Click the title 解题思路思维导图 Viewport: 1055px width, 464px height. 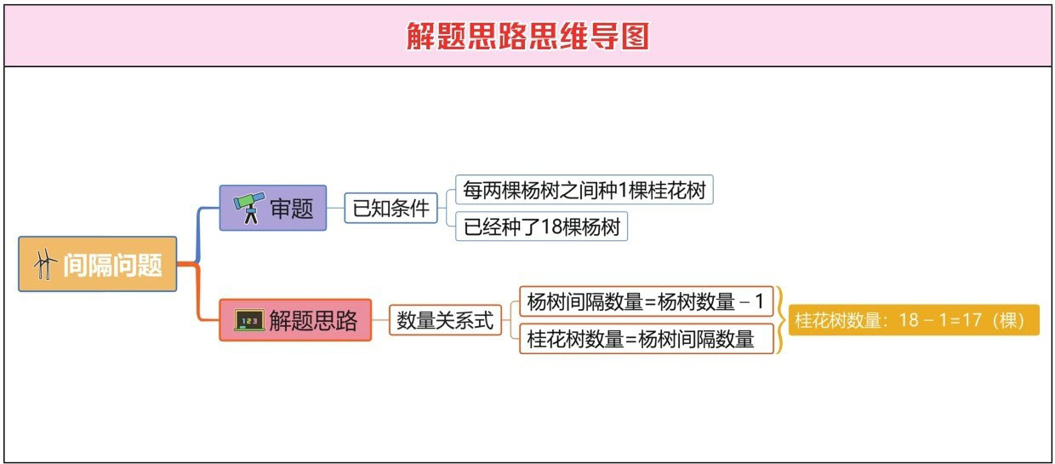tap(527, 36)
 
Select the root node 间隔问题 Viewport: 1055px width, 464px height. tap(98, 265)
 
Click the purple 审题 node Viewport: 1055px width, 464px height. tap(272, 208)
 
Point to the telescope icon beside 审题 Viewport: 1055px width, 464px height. tap(248, 208)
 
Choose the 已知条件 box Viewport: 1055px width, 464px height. tap(391, 208)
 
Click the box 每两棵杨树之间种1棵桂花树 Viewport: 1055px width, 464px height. tap(584, 188)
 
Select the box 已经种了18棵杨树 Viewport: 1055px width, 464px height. tap(541, 227)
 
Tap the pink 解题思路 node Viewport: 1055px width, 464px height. tap(295, 320)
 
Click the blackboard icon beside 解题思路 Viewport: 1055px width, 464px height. tap(249, 321)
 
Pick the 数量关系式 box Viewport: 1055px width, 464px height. tap(445, 320)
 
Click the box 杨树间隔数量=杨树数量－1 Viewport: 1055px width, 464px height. tap(646, 301)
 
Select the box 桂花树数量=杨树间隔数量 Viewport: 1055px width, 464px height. tap(646, 339)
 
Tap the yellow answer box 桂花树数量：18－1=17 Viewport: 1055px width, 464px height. tap(913, 320)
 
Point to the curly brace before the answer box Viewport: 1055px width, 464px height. tap(781, 320)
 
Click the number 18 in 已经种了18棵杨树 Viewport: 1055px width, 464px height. tap(551, 227)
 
